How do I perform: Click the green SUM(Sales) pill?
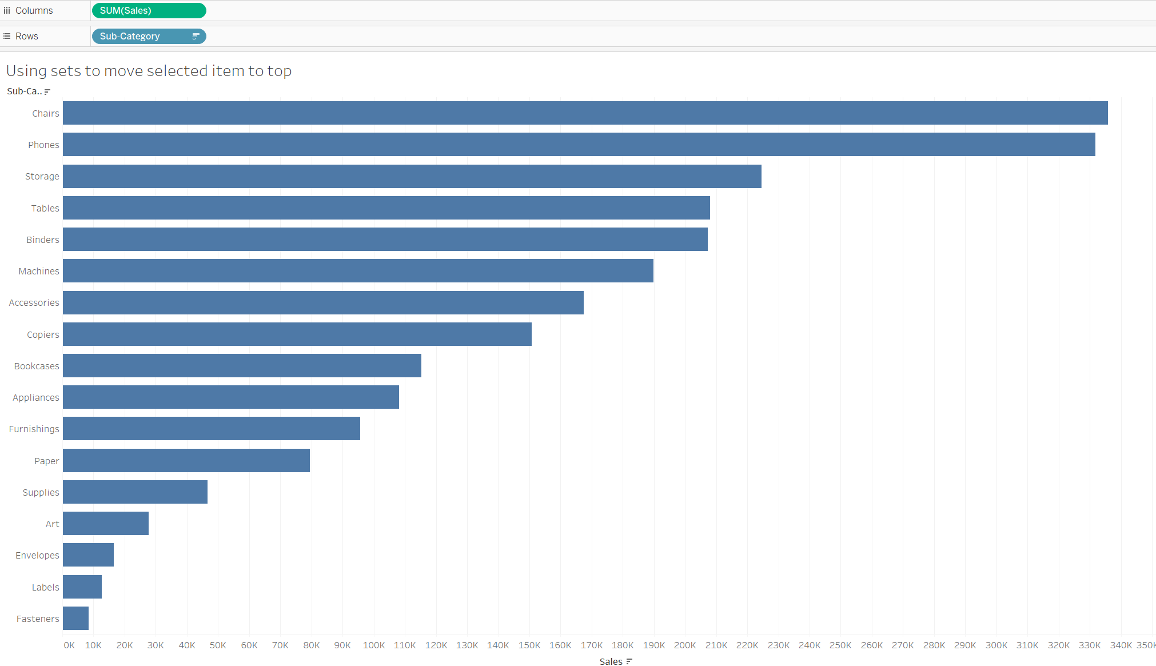tap(149, 10)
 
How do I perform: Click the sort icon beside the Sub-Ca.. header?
tap(47, 91)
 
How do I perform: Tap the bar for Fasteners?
tap(75, 618)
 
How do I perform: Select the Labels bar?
tap(82, 587)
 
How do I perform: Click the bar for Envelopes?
tap(88, 555)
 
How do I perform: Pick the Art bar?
tap(106, 523)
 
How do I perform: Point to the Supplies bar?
tap(135, 492)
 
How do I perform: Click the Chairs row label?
tap(46, 113)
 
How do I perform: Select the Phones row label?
tap(43, 145)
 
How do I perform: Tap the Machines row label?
tap(39, 271)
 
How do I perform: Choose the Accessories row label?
tap(34, 302)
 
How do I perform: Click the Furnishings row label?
tap(34, 429)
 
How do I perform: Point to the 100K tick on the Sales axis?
tap(374, 645)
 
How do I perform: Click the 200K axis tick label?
tap(685, 645)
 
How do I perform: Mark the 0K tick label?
tap(69, 645)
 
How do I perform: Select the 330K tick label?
tap(1090, 645)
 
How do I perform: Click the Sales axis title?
tap(611, 661)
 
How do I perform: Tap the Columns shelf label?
tap(34, 10)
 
